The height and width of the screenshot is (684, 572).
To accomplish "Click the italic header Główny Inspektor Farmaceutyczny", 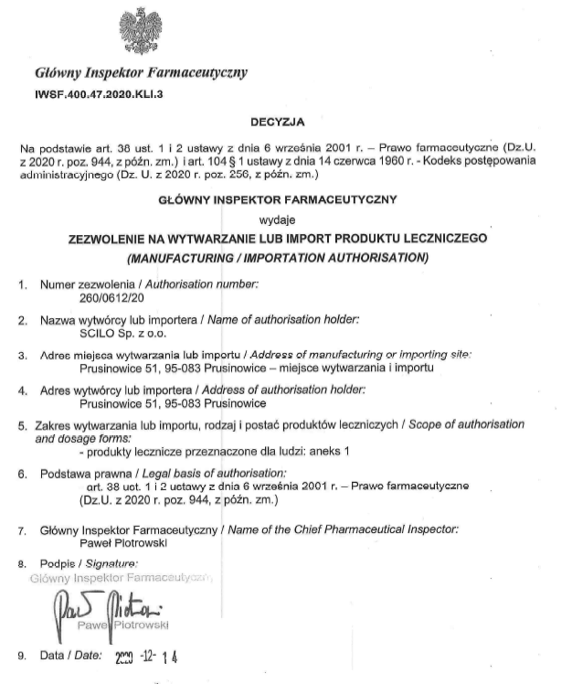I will (140, 71).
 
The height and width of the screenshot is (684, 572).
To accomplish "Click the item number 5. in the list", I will (23, 425).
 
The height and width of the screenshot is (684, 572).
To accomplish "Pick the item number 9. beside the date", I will (23, 657).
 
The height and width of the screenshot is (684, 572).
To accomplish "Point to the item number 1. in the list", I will (23, 284).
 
